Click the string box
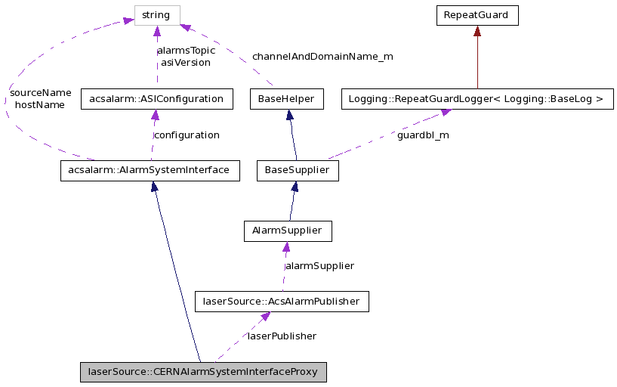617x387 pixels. point(157,15)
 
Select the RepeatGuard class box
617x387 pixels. point(477,15)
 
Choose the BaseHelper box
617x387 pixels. point(286,99)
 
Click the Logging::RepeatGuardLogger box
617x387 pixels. point(477,99)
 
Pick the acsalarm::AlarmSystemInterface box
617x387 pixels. point(150,170)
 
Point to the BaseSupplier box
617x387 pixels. point(298,170)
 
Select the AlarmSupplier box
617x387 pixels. point(288,231)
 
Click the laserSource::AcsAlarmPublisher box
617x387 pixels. point(282,302)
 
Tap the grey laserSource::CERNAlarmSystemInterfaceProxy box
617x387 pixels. point(203,372)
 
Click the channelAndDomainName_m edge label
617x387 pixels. point(322,56)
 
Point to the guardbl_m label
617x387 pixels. point(423,135)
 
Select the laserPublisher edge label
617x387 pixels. point(282,336)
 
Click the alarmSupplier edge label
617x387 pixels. point(319,265)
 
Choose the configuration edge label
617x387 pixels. point(186,135)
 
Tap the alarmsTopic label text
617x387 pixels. point(186,51)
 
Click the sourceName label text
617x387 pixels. point(40,93)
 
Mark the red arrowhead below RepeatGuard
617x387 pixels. point(477,32)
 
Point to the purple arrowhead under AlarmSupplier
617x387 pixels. point(286,247)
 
